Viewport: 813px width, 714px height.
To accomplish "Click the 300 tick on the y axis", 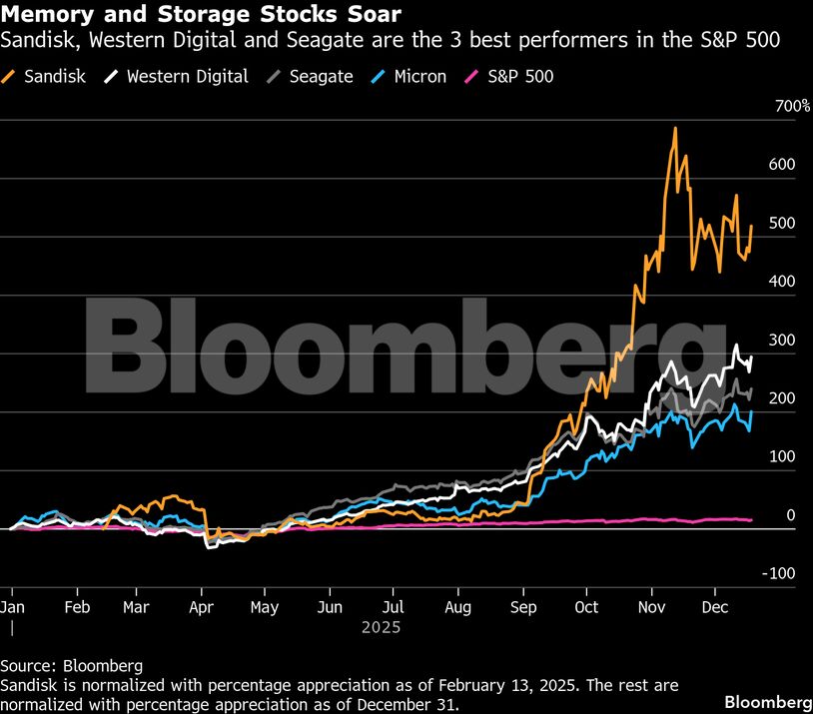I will tap(782, 340).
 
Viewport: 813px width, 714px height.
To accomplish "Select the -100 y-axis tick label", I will tap(780, 573).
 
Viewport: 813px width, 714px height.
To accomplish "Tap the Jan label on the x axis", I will tap(12, 606).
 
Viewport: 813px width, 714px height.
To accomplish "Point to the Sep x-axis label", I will tap(522, 606).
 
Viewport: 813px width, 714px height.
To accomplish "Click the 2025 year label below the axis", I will tap(381, 628).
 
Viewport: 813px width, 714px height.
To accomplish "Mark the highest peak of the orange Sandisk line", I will tap(675, 128).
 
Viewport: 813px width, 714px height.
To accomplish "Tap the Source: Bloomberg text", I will tap(71, 665).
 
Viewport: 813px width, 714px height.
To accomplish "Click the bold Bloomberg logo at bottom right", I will tap(767, 701).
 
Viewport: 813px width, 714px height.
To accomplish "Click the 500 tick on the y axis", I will tap(782, 223).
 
